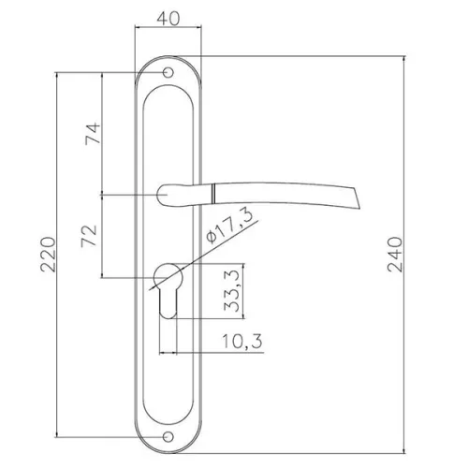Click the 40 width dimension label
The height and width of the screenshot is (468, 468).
point(168,19)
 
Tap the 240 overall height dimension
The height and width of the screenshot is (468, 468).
point(395,255)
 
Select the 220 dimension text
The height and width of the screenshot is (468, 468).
point(49,255)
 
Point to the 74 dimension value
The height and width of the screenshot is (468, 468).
point(93,134)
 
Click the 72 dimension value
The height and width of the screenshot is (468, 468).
point(89,236)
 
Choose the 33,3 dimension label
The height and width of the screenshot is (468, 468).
point(232,291)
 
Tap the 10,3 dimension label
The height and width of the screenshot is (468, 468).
point(242,341)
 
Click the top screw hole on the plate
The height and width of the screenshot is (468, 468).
point(168,72)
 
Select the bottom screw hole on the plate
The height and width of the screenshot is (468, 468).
point(168,437)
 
